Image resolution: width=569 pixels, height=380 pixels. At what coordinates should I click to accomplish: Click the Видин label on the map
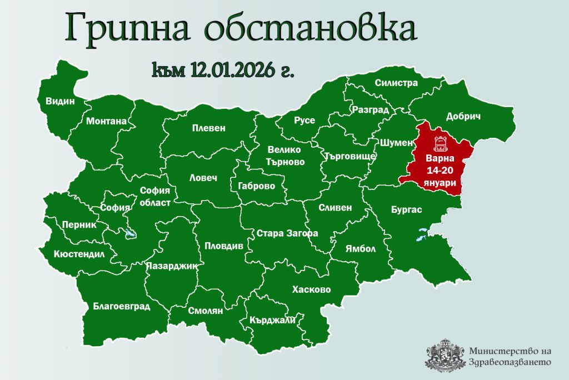(60, 102)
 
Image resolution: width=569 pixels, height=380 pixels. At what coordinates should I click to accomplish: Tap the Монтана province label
(106, 121)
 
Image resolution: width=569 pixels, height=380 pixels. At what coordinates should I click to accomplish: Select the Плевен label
(208, 128)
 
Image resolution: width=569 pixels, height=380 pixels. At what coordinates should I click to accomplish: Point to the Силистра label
(396, 83)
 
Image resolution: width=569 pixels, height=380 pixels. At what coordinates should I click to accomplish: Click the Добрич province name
(463, 117)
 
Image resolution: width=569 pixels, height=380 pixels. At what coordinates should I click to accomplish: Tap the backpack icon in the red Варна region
(440, 143)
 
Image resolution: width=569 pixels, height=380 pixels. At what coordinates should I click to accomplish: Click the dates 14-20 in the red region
(439, 171)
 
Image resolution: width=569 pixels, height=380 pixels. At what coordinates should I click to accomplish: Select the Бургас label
(406, 210)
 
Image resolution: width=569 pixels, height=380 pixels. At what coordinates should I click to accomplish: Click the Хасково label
(311, 289)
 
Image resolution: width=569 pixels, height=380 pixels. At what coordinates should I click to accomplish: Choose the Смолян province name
(205, 311)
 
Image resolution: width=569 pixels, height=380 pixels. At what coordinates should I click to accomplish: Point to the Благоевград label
(122, 306)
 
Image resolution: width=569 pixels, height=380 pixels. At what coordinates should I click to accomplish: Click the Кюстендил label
(79, 254)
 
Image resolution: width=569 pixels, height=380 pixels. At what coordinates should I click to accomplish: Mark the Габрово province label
(256, 186)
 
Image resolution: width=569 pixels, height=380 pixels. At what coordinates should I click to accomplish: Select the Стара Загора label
(287, 233)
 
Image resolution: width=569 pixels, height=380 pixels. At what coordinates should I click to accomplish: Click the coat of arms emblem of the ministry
(445, 355)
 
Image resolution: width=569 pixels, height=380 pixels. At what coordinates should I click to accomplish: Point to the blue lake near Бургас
(422, 234)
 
